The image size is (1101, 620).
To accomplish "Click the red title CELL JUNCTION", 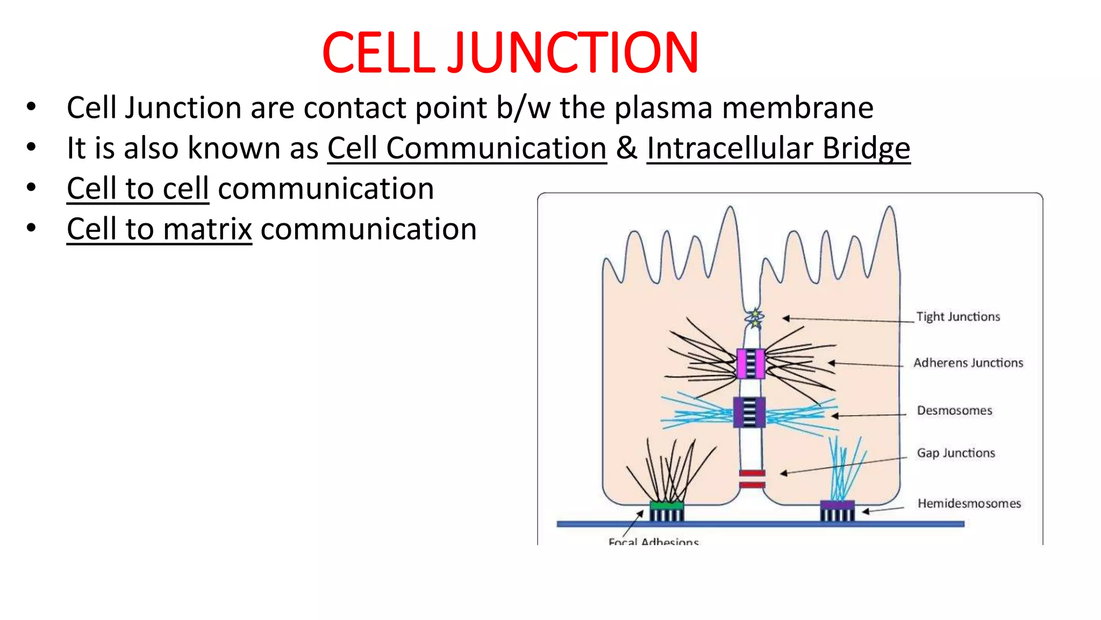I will tap(510, 53).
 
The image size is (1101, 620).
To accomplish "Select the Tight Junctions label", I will tap(958, 316).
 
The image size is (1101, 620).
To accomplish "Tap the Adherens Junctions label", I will tap(968, 363).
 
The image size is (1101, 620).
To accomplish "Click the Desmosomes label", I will tap(954, 411).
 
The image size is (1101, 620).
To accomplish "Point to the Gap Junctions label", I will tap(956, 453).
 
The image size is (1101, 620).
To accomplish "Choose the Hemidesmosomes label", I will tap(969, 503).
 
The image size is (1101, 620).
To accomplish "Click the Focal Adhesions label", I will tap(653, 541).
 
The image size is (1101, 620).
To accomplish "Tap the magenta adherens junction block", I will tap(750, 364).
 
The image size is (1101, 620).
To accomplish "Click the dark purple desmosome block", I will tap(749, 412).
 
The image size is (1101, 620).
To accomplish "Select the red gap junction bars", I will tap(752, 479).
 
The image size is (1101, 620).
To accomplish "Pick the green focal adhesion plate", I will tap(667, 505).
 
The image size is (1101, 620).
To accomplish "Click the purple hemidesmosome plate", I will tap(837, 505).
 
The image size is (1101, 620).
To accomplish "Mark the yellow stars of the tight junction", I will tap(755, 318).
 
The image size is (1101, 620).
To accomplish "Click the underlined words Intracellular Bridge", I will tap(778, 148).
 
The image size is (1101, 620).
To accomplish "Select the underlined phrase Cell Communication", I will tap(467, 148).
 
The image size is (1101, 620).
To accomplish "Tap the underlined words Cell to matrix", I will tap(159, 229).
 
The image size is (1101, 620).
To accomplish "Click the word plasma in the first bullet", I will tap(663, 108).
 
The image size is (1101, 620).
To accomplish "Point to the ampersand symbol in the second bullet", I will tap(626, 148).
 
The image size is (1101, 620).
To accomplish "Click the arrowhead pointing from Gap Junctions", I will tap(784, 474).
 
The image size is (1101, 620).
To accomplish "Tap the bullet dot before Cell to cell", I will tap(31, 187).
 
